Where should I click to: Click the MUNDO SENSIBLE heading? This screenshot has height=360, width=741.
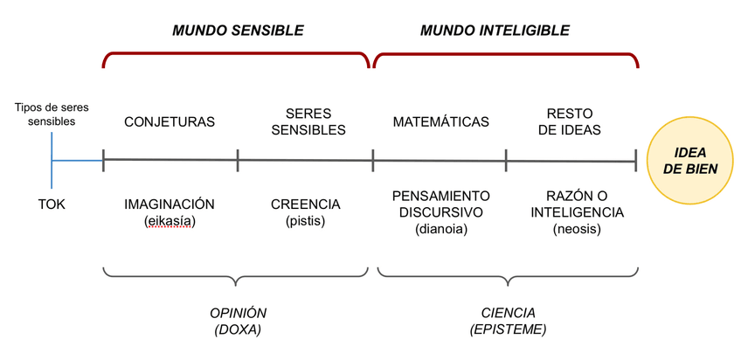pyautogui.click(x=238, y=31)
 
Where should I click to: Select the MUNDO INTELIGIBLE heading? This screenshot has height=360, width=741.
pyautogui.click(x=495, y=31)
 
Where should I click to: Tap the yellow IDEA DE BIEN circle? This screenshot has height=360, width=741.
pyautogui.click(x=690, y=161)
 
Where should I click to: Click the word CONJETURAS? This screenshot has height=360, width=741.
pyautogui.click(x=170, y=122)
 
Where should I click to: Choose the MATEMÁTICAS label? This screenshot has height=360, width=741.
pyautogui.click(x=440, y=122)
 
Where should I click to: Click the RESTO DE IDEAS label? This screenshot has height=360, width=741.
pyautogui.click(x=569, y=122)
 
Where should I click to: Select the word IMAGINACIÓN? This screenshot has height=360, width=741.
pyautogui.click(x=170, y=204)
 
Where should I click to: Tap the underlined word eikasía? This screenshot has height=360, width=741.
pyautogui.click(x=170, y=221)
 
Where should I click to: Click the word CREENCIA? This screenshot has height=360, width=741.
pyautogui.click(x=305, y=204)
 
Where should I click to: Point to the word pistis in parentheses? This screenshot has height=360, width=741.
pyautogui.click(x=305, y=221)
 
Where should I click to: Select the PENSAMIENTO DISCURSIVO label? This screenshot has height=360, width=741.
pyautogui.click(x=440, y=204)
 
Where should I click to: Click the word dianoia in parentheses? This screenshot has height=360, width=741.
pyautogui.click(x=440, y=229)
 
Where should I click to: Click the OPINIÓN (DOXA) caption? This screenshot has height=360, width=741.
pyautogui.click(x=238, y=321)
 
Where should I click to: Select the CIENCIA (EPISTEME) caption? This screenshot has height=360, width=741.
pyautogui.click(x=508, y=321)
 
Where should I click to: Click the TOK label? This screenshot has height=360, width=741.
pyautogui.click(x=52, y=204)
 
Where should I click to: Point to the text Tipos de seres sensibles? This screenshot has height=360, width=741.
pyautogui.click(x=52, y=114)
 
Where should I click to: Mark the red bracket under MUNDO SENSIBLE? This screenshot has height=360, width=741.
pyautogui.click(x=237, y=54)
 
